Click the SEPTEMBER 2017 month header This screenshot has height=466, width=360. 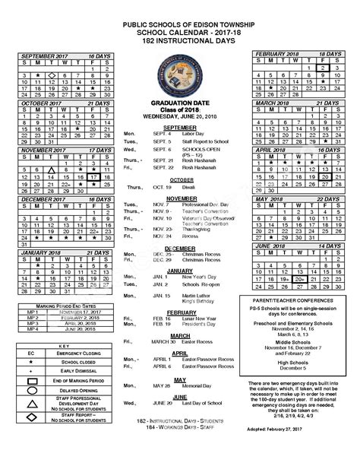42,57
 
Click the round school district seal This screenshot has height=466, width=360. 179,79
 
